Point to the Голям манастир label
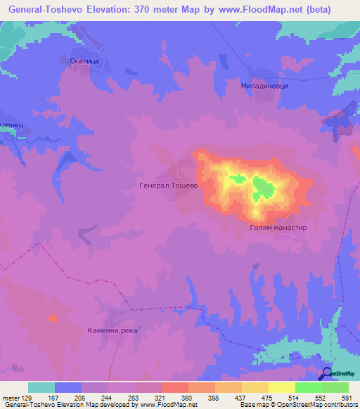[279, 228]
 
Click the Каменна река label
[112, 330]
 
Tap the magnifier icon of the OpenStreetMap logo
[326, 374]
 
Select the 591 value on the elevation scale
[347, 397]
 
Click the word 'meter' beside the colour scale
[11, 397]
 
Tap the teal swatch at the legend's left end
[41, 387]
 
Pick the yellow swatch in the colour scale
[281, 387]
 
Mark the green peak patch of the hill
[264, 187]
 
